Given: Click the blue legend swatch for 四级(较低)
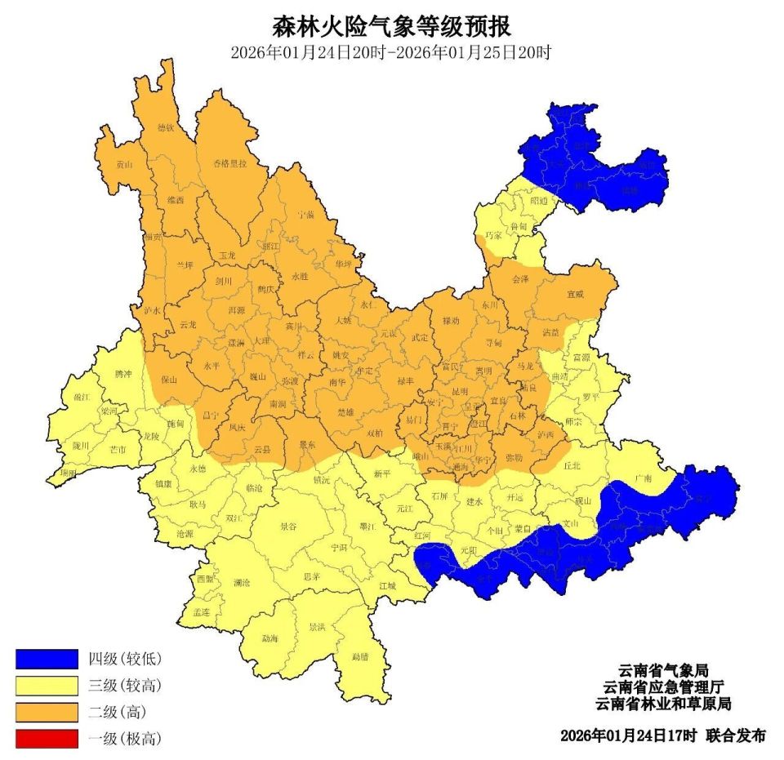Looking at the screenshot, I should click(x=47, y=659).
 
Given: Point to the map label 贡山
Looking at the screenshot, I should click(x=123, y=164).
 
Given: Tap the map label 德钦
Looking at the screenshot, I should click(x=166, y=128).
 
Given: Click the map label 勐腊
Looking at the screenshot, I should click(x=360, y=656).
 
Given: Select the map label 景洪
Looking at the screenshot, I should click(x=317, y=628).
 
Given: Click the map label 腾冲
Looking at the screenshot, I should click(x=123, y=373).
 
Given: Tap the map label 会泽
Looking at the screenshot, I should click(x=520, y=279).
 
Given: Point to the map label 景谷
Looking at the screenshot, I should click(x=288, y=527).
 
